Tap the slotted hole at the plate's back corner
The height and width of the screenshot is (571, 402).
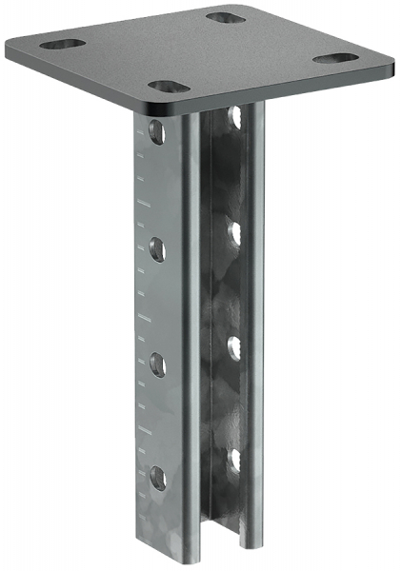click(226, 17)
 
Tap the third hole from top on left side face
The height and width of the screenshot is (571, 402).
click(155, 362)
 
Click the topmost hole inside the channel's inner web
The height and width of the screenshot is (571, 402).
click(234, 118)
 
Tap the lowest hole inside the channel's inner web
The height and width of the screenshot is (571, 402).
click(233, 460)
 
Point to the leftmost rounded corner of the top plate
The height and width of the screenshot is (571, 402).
click(10, 48)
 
